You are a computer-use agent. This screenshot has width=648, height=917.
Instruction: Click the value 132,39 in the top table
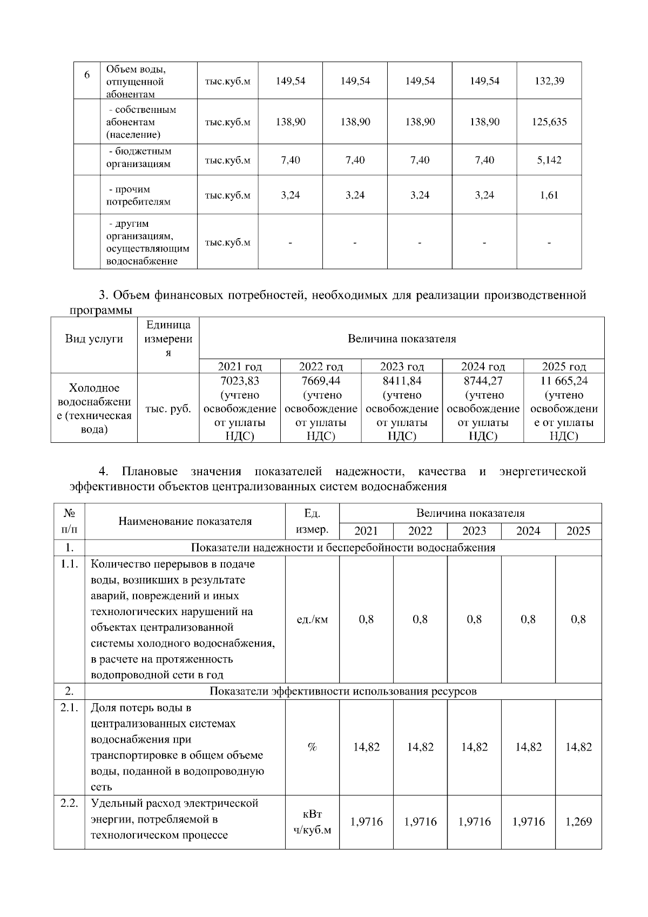(549, 81)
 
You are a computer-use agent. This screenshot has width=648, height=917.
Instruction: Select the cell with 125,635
(549, 122)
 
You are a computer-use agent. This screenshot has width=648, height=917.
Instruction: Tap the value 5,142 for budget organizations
(549, 160)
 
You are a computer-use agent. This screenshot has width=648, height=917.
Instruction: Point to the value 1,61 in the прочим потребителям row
(549, 195)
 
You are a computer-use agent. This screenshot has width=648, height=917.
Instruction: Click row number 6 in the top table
(87, 75)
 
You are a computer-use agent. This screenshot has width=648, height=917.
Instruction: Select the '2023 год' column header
(402, 366)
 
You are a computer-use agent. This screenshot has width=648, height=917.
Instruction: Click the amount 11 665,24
(564, 381)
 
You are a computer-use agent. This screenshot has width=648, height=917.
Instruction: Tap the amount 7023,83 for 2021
(240, 381)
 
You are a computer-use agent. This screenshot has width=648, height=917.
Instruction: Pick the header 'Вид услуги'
(94, 339)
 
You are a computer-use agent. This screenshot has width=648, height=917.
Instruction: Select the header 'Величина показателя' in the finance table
(402, 339)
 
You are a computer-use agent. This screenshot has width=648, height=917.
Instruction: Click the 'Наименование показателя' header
(185, 522)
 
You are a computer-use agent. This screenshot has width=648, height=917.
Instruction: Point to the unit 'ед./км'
(312, 620)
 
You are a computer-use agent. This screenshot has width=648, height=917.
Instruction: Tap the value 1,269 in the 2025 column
(578, 822)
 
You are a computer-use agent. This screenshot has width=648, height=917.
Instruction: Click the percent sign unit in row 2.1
(312, 747)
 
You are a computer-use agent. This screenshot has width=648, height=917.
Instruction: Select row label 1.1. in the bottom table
(69, 564)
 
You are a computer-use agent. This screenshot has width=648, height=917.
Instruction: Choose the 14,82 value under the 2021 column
(366, 747)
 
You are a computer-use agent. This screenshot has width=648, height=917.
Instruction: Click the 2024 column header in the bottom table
(528, 531)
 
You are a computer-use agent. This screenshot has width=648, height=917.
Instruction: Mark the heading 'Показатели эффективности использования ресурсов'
(343, 691)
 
